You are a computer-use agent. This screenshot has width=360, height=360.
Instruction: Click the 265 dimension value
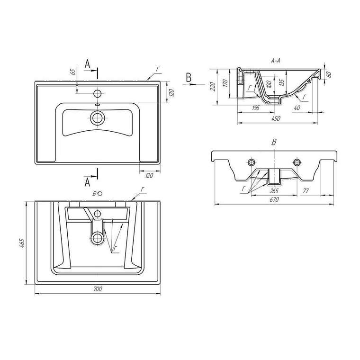tap(273, 191)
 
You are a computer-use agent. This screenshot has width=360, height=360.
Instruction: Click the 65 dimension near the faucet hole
tap(72, 72)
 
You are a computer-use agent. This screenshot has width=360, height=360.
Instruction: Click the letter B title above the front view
tap(273, 142)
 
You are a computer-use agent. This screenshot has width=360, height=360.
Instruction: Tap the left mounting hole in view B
tap(251, 163)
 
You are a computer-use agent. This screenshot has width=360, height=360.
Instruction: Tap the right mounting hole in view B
tap(297, 163)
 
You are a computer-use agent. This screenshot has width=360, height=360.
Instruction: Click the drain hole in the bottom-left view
tap(98, 237)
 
